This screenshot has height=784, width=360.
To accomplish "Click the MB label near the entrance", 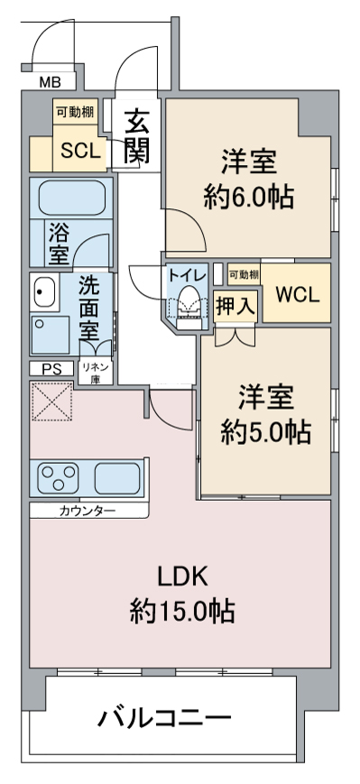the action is pyautogui.click(x=50, y=82).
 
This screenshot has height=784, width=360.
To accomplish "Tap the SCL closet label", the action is pyautogui.click(x=80, y=150).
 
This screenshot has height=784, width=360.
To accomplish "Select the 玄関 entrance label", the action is pyautogui.click(x=136, y=136).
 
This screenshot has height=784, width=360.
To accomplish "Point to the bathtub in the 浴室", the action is pyautogui.click(x=72, y=198).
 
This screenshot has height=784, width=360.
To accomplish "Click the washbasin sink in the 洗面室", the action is pyautogui.click(x=45, y=291).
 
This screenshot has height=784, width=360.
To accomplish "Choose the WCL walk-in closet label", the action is pyautogui.click(x=297, y=296).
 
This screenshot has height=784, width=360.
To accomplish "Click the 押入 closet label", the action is pyautogui.click(x=235, y=306).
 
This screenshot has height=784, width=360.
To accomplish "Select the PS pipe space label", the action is pyautogui.click(x=51, y=369).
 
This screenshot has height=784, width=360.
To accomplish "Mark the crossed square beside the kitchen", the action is pyautogui.click(x=51, y=401).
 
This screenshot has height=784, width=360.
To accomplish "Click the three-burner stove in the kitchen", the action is pyautogui.click(x=60, y=477).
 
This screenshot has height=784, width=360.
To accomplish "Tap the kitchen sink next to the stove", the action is pyautogui.click(x=117, y=477).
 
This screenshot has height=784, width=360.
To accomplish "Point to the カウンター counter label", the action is pyautogui.click(x=88, y=511).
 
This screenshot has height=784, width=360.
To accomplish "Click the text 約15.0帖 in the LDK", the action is pyautogui.click(x=182, y=611).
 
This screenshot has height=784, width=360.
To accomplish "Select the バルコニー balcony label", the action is pyautogui.click(x=164, y=718).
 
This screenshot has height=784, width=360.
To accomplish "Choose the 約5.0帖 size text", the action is pyautogui.click(x=266, y=432).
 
